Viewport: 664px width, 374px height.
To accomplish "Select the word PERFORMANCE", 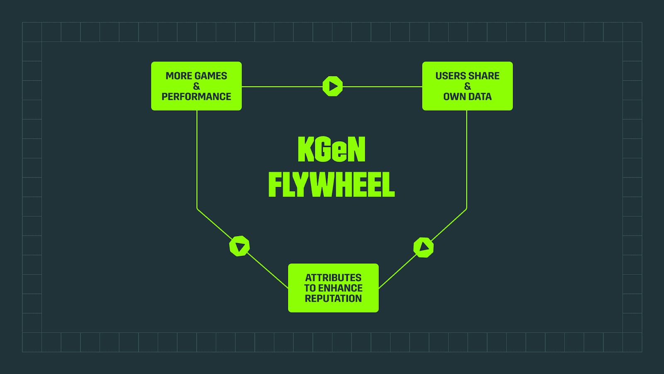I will [x=196, y=97].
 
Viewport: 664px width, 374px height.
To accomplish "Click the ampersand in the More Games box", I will [x=196, y=86].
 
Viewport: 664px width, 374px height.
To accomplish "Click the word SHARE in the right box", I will [x=484, y=76].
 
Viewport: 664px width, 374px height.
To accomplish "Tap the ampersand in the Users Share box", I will [x=468, y=86].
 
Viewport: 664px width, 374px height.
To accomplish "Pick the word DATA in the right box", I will [x=479, y=97].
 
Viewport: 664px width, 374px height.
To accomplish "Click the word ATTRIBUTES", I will [x=333, y=278].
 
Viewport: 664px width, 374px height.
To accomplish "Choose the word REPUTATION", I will [x=333, y=298].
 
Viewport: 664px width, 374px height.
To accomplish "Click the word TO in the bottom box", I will [x=310, y=288].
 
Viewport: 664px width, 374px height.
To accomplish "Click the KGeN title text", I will [x=332, y=150].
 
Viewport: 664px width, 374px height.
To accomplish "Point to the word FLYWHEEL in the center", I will [x=332, y=185].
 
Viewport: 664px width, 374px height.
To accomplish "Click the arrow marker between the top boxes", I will [x=333, y=86].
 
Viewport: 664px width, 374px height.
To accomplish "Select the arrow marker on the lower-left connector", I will [x=239, y=246].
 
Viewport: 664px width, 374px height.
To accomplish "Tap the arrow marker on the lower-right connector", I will [x=424, y=247].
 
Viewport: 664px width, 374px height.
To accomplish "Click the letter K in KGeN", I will [x=306, y=150].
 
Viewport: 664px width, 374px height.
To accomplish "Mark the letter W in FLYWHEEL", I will [x=320, y=185].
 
